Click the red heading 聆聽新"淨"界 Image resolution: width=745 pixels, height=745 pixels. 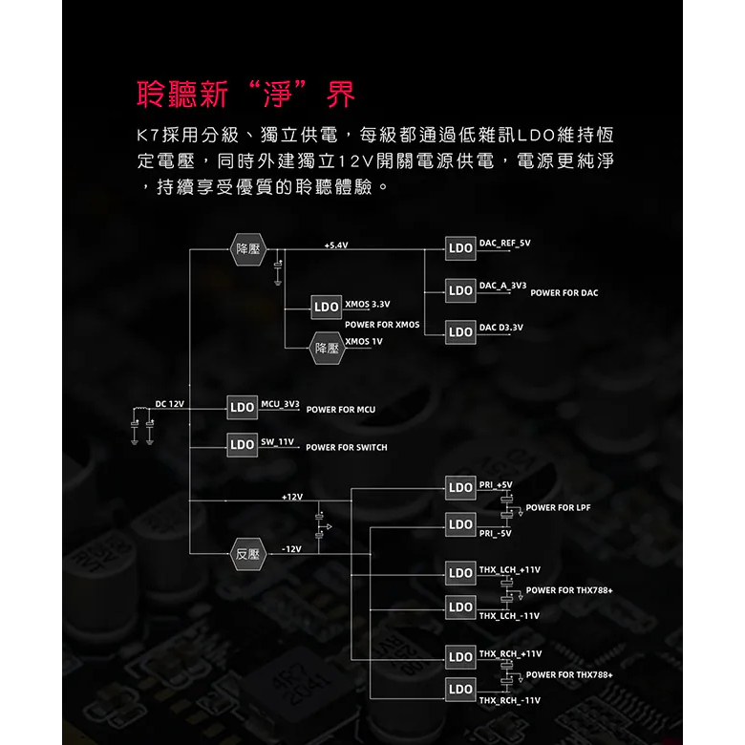(245, 94)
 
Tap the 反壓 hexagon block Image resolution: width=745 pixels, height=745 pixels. (247, 554)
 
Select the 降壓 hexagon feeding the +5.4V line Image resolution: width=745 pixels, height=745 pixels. (248, 249)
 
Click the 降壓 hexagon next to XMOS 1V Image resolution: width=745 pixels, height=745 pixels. (327, 349)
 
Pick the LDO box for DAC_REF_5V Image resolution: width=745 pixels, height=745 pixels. (460, 248)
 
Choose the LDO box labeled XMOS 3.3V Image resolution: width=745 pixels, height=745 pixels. (327, 307)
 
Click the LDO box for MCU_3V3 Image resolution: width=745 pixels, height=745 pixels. (243, 407)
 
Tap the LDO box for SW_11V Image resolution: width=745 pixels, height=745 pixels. (243, 445)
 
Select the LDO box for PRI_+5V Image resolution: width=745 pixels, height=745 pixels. (460, 488)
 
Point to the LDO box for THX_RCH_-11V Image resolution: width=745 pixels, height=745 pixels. (460, 690)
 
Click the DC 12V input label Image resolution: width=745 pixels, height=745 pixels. (170, 404)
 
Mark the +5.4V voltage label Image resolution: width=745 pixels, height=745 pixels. (336, 245)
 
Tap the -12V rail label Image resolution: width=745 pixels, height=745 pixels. (291, 549)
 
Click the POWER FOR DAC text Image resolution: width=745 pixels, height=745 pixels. (564, 293)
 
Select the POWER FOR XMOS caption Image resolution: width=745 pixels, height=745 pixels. (382, 325)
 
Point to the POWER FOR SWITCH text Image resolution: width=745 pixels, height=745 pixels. (347, 448)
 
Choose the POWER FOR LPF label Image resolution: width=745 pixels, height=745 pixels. (558, 508)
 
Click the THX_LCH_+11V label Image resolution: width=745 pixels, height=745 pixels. (509, 569)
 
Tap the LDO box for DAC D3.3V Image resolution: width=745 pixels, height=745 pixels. (460, 332)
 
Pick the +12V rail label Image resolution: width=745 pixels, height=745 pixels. (291, 497)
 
